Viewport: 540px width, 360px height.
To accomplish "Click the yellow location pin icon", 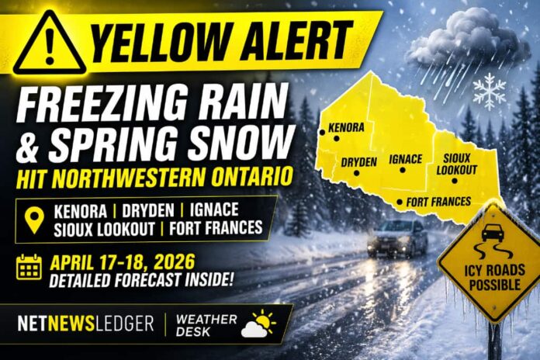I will (34, 220).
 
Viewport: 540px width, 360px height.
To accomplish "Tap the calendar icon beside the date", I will (29, 267).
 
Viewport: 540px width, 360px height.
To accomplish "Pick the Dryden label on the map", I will (358, 161).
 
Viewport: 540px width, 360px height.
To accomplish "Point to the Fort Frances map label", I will (438, 202).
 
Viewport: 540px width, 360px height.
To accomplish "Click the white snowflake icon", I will (489, 91).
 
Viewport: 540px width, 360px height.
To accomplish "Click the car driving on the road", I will (396, 237).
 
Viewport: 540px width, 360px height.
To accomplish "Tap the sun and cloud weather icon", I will (258, 324).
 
